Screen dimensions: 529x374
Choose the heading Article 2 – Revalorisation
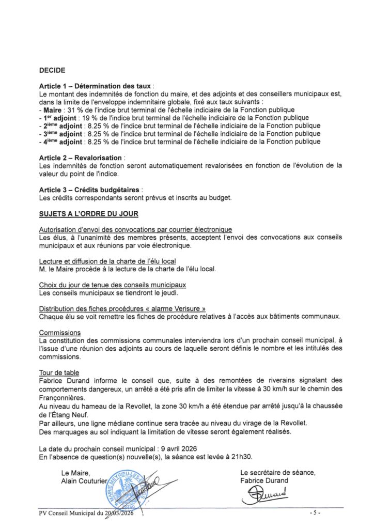click(81, 157)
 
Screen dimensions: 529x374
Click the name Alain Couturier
click(84, 480)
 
